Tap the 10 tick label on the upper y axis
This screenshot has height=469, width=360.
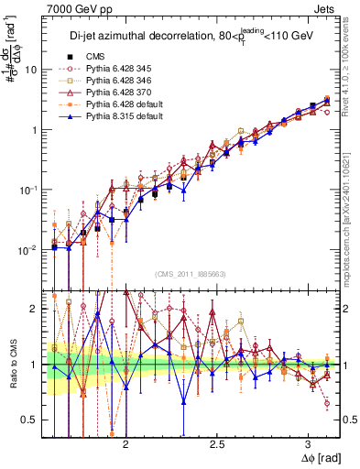click(x=31, y=70)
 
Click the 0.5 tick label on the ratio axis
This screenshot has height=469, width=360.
click(x=29, y=420)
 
